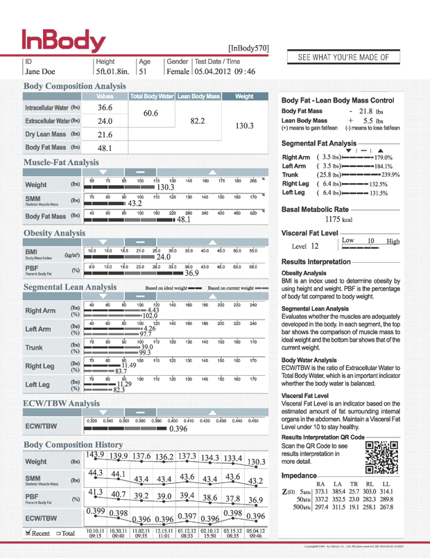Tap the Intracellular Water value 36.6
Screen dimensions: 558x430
105,107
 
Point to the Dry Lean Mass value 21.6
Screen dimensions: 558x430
105,134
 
